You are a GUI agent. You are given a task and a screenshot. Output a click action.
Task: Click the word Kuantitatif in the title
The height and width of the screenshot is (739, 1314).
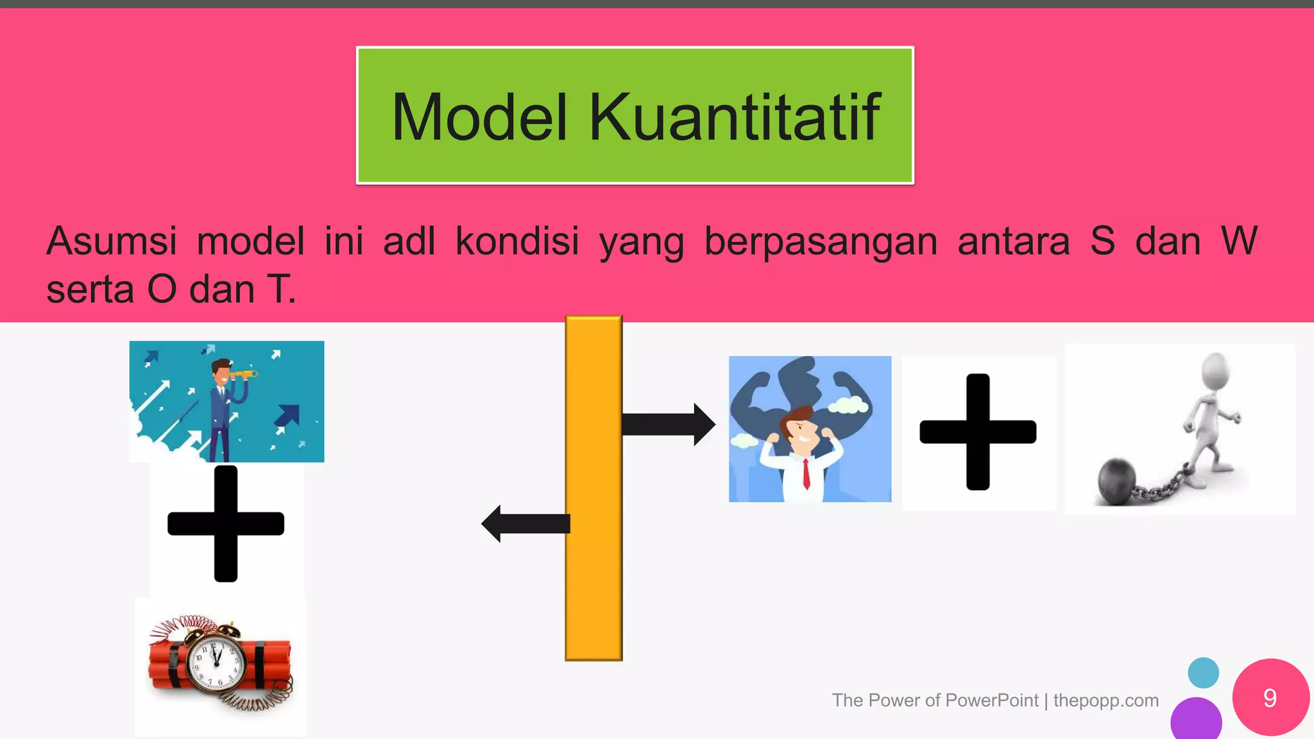pyautogui.click(x=735, y=117)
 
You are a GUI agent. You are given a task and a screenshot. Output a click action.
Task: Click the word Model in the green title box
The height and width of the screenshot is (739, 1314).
pyautogui.click(x=480, y=117)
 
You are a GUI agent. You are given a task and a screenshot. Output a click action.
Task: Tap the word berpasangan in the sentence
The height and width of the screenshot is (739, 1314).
pyautogui.click(x=821, y=242)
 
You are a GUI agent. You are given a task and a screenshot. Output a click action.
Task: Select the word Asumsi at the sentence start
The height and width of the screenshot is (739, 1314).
pyautogui.click(x=112, y=242)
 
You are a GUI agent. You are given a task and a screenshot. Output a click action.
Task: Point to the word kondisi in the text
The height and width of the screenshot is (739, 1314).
pyautogui.click(x=517, y=242)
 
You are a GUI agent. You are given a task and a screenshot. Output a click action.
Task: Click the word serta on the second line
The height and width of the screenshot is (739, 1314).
pyautogui.click(x=90, y=290)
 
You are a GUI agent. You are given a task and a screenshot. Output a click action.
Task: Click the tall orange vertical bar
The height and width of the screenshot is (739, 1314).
pyautogui.click(x=593, y=488)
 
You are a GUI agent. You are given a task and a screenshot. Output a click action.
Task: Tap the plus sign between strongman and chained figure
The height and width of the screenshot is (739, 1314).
pyautogui.click(x=978, y=432)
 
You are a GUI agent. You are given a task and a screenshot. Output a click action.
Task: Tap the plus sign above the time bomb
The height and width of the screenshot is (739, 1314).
pyautogui.click(x=226, y=523)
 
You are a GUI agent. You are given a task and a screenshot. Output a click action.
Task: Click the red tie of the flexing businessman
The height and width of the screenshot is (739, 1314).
pyautogui.click(x=806, y=475)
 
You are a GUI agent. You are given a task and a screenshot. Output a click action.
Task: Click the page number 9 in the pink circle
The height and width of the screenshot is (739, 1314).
pyautogui.click(x=1270, y=698)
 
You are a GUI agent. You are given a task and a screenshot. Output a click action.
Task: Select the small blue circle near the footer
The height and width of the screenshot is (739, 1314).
pyautogui.click(x=1203, y=672)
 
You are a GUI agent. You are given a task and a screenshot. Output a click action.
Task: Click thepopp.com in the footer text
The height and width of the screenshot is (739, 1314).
pyautogui.click(x=1105, y=701)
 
